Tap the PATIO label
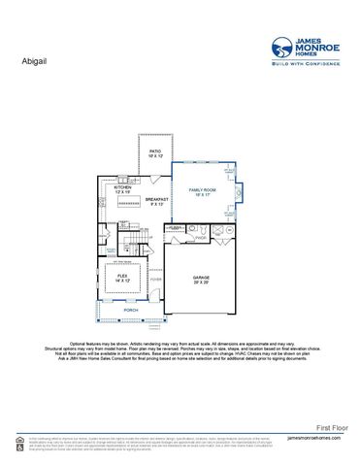(x=155, y=152)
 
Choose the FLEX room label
(x=122, y=277)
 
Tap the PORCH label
(x=116, y=311)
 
